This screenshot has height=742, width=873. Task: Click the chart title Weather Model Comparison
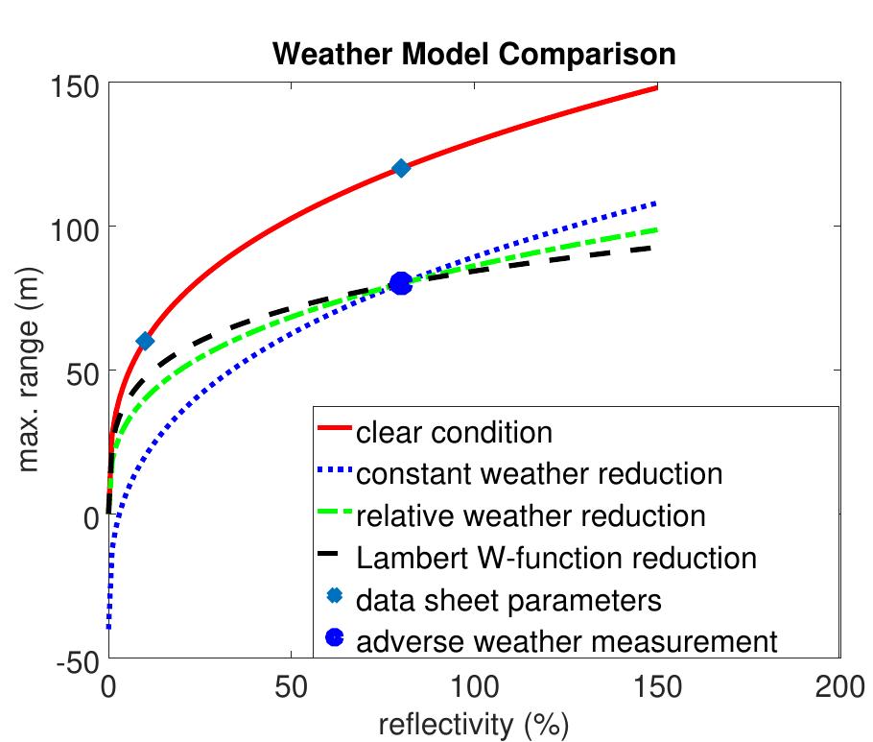pyautogui.click(x=474, y=54)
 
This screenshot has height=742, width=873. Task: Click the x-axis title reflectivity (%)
pyautogui.click(x=474, y=723)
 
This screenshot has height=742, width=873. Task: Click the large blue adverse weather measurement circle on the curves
pyautogui.click(x=401, y=283)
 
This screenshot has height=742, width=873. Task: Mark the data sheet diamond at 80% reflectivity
pyautogui.click(x=401, y=168)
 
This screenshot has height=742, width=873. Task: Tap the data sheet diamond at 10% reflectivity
pyautogui.click(x=145, y=341)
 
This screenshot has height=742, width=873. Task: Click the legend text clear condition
pyautogui.click(x=454, y=432)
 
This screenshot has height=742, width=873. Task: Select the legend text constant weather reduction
pyautogui.click(x=538, y=473)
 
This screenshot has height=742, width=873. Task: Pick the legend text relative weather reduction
pyautogui.click(x=531, y=515)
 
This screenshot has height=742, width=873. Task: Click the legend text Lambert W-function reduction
pyautogui.click(x=556, y=557)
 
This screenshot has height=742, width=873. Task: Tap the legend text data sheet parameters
pyautogui.click(x=508, y=599)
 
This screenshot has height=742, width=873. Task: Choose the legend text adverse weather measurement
pyautogui.click(x=566, y=640)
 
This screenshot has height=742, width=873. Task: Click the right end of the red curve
pyautogui.click(x=656, y=87)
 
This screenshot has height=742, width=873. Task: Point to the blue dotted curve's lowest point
pyautogui.click(x=109, y=628)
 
